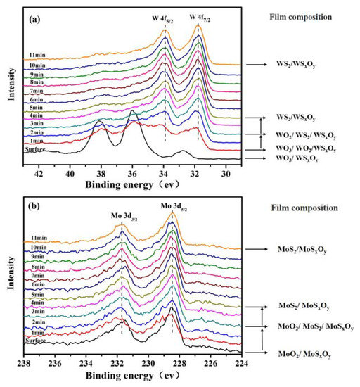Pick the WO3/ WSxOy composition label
(x=300, y=160)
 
